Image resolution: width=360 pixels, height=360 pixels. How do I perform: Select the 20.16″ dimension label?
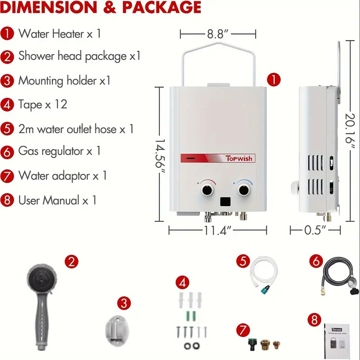tap(351, 131)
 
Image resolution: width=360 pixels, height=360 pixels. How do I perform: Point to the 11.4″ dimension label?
tap(217, 230)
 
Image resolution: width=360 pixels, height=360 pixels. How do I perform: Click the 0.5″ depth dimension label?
tap(315, 230)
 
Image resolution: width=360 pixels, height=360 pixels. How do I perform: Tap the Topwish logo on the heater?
tap(239, 158)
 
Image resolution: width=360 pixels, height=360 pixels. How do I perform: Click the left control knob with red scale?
tap(207, 190)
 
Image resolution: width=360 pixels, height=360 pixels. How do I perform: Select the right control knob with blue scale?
tap(243, 190)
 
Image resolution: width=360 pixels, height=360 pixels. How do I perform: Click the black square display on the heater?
tap(225, 202)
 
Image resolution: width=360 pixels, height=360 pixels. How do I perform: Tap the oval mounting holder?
tap(117, 331)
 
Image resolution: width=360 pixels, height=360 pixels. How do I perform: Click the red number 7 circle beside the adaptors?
tap(243, 330)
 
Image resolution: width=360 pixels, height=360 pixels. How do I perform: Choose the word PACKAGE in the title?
tap(162, 7)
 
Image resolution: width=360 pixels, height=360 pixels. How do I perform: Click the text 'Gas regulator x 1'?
tap(59, 151)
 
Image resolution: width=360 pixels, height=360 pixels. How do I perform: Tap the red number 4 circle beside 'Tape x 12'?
tap(7, 105)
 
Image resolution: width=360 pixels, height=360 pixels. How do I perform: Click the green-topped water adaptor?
tap(253, 345)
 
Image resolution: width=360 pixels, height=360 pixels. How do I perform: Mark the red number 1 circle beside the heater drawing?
tap(274, 80)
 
